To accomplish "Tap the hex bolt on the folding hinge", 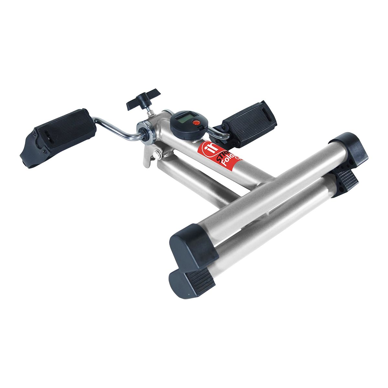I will pos(157,155).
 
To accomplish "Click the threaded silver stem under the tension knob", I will pos(151,110).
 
